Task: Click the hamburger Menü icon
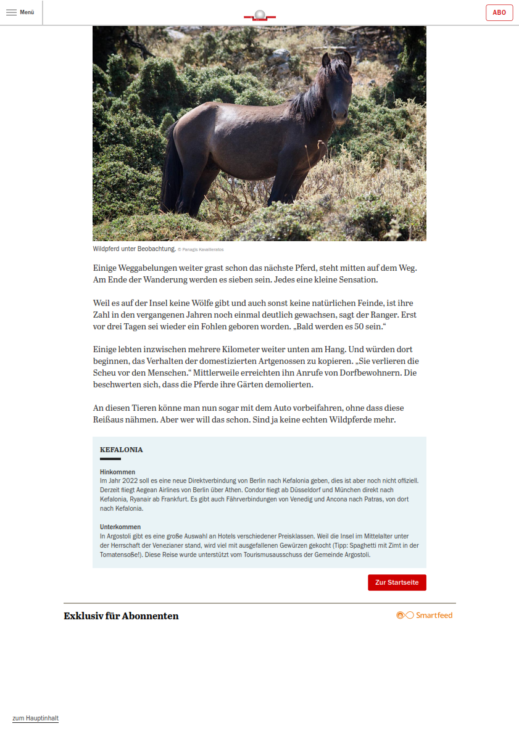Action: point(11,12)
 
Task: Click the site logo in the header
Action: point(259,15)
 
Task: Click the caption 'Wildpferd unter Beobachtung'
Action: point(134,249)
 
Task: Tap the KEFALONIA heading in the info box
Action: point(121,450)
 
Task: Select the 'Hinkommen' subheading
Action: point(117,472)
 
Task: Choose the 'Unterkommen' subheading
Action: point(120,527)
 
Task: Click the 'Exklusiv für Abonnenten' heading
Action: point(121,616)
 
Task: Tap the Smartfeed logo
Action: point(424,615)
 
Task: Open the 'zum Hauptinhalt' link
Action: point(35,718)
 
